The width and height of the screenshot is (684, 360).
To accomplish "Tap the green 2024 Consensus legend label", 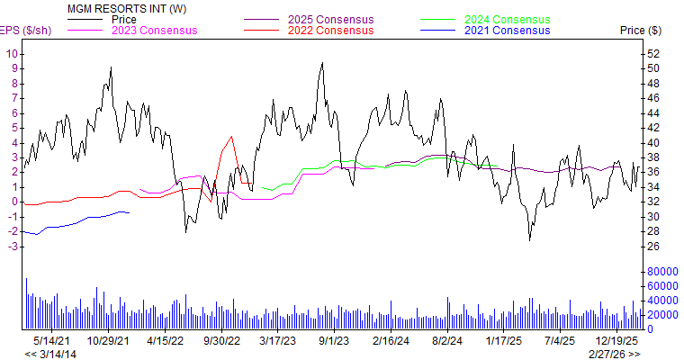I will (507, 19).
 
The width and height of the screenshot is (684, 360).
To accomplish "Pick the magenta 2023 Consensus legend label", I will (154, 31).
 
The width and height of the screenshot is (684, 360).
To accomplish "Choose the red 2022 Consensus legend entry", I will (330, 31).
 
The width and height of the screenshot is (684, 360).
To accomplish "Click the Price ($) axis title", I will (641, 31).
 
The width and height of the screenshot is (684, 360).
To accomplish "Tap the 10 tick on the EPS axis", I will (12, 54).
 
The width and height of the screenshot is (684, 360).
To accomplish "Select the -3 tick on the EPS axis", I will (12, 246).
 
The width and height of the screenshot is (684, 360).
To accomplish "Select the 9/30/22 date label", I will (222, 341).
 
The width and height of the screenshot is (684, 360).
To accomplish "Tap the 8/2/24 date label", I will (447, 341).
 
